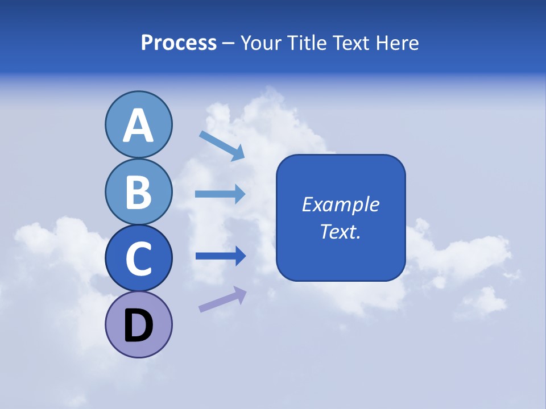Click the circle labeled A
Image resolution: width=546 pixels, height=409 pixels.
[x=138, y=124]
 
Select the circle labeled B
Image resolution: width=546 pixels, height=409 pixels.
[x=138, y=191]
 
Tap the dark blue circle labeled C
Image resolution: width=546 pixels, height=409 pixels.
[x=138, y=258]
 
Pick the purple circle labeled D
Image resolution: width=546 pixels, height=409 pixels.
[x=138, y=325]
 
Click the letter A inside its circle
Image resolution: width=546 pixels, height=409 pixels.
[x=138, y=126]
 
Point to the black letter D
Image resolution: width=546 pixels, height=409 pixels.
[x=138, y=327]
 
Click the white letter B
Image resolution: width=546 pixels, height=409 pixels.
[x=138, y=192]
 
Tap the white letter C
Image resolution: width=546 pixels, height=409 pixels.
[x=138, y=259]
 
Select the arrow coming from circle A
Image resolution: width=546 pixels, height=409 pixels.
[x=222, y=145]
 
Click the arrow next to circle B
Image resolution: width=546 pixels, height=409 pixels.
[x=220, y=194]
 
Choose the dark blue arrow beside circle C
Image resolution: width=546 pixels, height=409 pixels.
[x=220, y=256]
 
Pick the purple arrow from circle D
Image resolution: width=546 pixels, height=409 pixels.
[x=222, y=299]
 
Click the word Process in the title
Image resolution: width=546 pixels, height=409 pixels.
[x=179, y=43]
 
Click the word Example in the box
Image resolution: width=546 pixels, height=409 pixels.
[x=340, y=204]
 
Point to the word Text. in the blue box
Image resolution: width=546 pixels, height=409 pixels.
[x=340, y=231]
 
